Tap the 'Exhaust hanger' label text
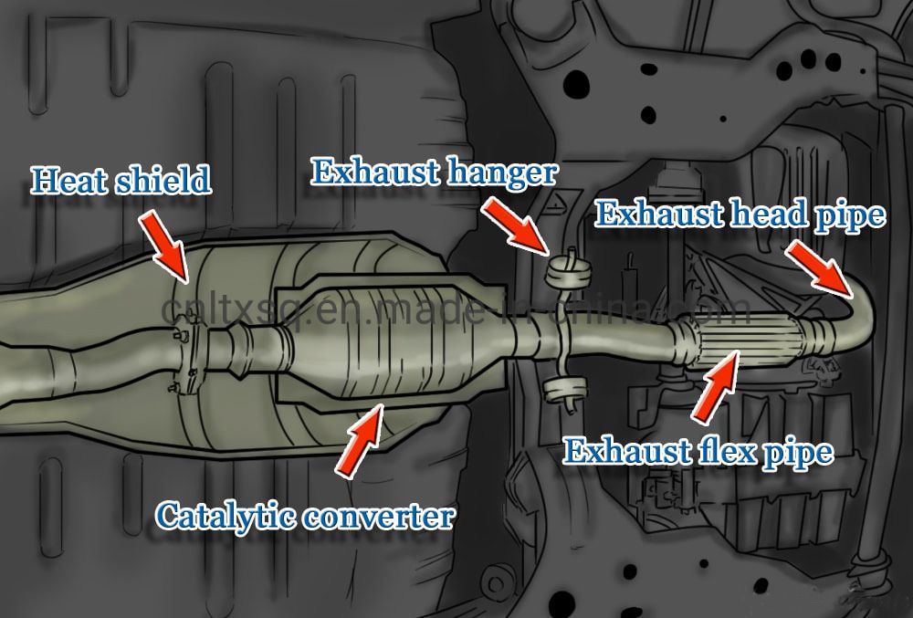tap(434, 171)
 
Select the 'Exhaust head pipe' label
tap(740, 215)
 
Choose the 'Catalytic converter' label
tap(305, 516)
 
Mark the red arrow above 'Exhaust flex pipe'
tap(716, 389)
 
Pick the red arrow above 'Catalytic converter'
tap(362, 443)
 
